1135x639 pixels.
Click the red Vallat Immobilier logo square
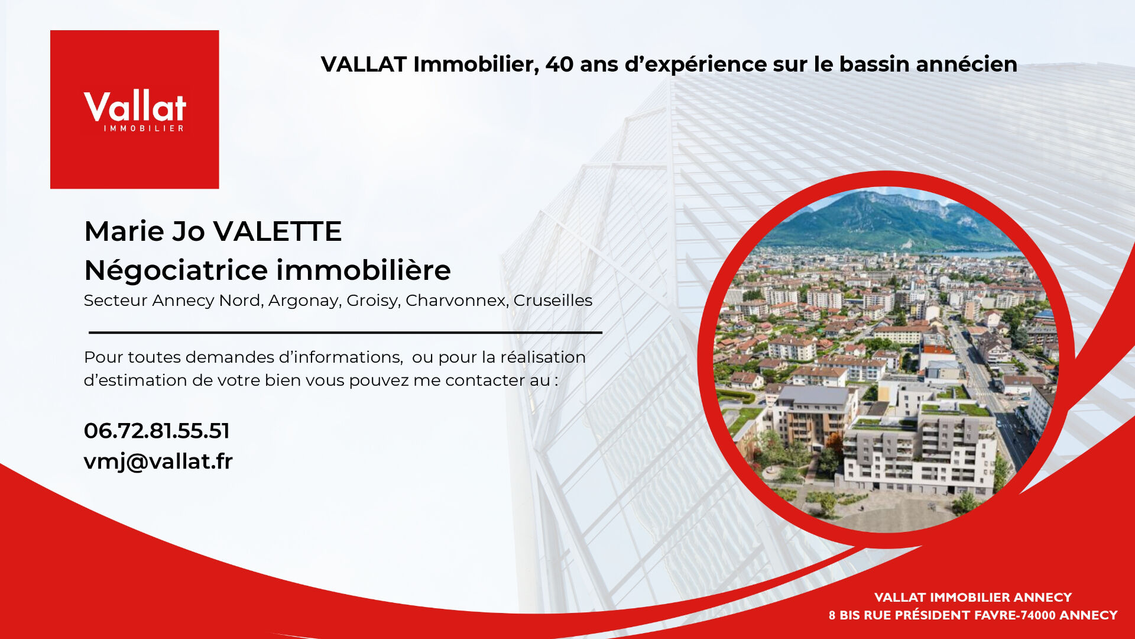(135, 109)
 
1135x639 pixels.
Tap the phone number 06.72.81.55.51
(157, 431)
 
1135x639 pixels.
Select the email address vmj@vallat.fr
(158, 461)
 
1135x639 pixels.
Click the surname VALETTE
(277, 231)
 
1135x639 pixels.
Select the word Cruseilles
(553, 300)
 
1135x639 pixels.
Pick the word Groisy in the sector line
(373, 301)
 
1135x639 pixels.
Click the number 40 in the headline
(559, 64)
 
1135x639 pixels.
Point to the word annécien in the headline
(967, 64)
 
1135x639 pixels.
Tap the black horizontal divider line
(345, 333)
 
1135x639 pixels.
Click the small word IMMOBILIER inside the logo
(144, 128)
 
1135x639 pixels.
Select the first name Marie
(124, 231)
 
